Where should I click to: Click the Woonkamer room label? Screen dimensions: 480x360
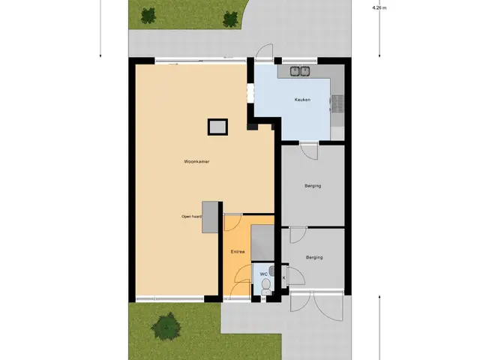point(196,162)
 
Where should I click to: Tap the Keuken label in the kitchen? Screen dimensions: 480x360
point(302,100)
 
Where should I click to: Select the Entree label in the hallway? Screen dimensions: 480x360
point(238,252)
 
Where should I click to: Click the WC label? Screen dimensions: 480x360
point(263,274)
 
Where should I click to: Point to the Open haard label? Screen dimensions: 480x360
point(191,217)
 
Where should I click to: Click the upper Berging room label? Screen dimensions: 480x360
point(313,186)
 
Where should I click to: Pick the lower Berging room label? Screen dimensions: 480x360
point(314,257)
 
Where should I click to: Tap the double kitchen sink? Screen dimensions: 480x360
point(300,71)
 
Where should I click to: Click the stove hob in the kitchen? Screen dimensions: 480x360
point(337,103)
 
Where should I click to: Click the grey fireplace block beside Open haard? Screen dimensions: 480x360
point(210,217)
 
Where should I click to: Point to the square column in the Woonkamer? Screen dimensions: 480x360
point(217,127)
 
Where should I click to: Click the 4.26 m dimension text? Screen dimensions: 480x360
point(379,8)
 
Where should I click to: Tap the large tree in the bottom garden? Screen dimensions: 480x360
point(166,326)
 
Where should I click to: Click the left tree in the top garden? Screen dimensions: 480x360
point(148,16)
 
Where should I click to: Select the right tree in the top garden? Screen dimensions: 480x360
point(230,19)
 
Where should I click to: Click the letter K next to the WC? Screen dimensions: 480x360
point(283,277)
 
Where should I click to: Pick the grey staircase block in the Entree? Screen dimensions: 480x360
point(262,243)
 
